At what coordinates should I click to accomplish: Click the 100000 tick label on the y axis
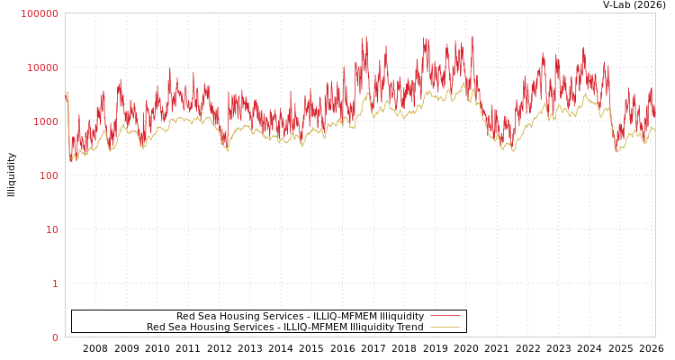click(x=40, y=13)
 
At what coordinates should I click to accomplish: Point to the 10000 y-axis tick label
click(x=42, y=67)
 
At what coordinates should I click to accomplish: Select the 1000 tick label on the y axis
click(x=45, y=121)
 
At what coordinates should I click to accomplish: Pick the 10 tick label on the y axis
click(x=51, y=229)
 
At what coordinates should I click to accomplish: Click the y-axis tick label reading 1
click(x=55, y=283)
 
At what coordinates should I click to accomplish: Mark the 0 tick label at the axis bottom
click(x=55, y=337)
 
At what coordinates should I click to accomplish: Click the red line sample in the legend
click(x=445, y=316)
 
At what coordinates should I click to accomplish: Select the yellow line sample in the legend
click(x=445, y=327)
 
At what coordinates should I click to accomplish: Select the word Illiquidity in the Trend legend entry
click(x=369, y=327)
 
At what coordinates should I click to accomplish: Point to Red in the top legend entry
click(x=185, y=316)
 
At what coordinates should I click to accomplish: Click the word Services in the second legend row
click(x=254, y=327)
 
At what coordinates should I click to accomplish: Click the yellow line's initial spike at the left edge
click(x=67, y=94)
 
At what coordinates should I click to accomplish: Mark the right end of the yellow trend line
click(x=654, y=130)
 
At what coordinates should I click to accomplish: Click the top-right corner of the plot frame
click(x=655, y=13)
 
